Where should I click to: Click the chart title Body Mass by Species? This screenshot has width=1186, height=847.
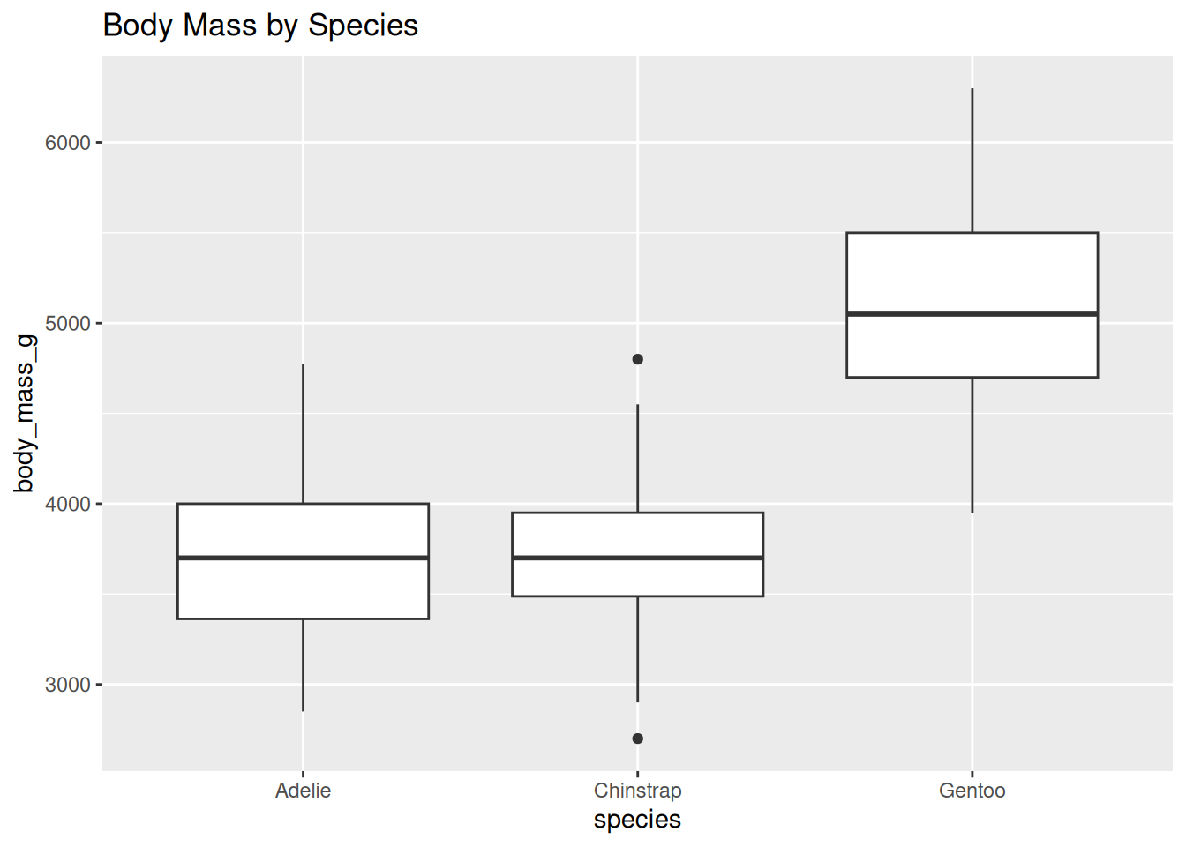click(x=260, y=26)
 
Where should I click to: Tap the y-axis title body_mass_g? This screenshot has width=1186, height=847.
click(x=25, y=413)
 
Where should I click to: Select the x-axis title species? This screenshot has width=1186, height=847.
click(x=637, y=820)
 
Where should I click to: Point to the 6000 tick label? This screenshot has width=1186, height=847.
click(x=68, y=143)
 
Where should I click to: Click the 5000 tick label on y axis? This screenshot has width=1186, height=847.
click(x=68, y=324)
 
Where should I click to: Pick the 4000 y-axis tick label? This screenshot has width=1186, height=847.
click(x=68, y=505)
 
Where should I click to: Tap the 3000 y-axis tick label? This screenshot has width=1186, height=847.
click(x=68, y=686)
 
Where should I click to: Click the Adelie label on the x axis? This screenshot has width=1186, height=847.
click(x=303, y=791)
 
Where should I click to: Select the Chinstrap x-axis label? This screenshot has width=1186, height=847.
click(x=637, y=791)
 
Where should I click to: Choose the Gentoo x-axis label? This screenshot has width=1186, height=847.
click(x=972, y=791)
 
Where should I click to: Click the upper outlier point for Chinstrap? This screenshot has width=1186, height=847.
click(x=637, y=359)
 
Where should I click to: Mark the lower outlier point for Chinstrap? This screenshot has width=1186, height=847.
click(x=637, y=738)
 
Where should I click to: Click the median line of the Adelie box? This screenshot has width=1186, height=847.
click(x=303, y=558)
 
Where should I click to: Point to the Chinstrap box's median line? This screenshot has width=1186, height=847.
click(x=637, y=558)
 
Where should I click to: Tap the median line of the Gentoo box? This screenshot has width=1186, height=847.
click(x=972, y=314)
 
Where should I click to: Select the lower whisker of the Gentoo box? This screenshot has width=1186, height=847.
click(x=972, y=445)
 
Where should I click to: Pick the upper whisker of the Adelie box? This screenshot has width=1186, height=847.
click(x=303, y=433)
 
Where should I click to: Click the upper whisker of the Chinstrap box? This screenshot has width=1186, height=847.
click(x=637, y=458)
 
